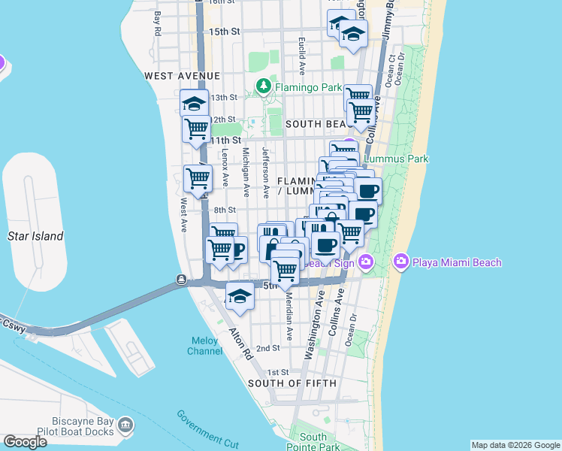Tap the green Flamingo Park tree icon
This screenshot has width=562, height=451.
264,87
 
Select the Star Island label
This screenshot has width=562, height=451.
35,236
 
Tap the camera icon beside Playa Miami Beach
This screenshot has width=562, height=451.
400,262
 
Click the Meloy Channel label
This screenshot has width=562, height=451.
204,346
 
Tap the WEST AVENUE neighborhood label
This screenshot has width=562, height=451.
182,76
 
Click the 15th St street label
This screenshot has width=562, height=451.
224,32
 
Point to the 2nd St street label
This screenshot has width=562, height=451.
267,348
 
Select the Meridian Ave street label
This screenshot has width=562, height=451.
288,316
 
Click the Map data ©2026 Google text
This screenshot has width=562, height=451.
515,445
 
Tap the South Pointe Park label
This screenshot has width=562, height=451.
313,441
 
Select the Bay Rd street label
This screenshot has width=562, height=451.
158,24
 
